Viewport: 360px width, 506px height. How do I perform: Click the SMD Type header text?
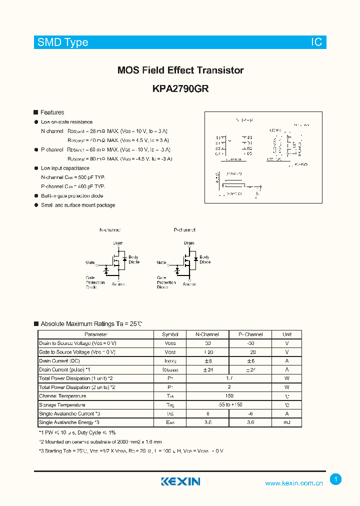[63, 42]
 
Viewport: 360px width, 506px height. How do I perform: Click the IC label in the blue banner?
[316, 42]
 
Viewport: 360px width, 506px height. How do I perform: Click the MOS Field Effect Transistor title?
[180, 70]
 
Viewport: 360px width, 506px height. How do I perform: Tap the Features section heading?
[52, 112]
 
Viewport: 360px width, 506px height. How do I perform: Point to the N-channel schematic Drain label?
[117, 243]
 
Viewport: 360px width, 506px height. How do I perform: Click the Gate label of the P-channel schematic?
[161, 262]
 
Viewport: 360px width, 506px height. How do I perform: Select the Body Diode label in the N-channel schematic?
[133, 259]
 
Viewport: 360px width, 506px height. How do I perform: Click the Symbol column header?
[170, 334]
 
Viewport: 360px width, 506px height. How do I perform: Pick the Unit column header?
[287, 334]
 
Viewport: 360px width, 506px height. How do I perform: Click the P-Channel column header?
[250, 334]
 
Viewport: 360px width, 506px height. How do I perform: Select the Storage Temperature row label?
[62, 405]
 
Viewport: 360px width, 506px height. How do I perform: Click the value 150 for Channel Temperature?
[229, 396]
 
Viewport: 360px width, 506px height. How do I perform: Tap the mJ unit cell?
[287, 422]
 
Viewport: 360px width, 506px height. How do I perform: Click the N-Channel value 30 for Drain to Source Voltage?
[207, 343]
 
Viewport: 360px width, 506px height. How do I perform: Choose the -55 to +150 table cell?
[229, 405]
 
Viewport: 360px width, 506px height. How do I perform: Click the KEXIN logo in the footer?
[180, 481]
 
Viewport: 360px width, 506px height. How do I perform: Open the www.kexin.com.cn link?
[294, 483]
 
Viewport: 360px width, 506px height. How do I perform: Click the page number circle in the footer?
[336, 479]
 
